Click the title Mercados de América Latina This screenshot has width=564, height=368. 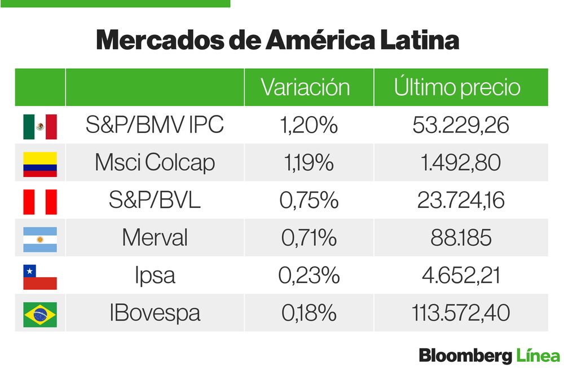tap(277, 41)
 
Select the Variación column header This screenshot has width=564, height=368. tap(305, 87)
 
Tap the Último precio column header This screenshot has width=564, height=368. tap(457, 87)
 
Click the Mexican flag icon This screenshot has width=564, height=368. tap(40, 126)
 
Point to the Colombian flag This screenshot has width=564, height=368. tap(40, 164)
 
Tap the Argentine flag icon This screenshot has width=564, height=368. tap(40, 239)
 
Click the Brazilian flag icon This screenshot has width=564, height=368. tap(40, 314)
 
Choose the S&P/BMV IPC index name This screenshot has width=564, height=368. tap(155, 125)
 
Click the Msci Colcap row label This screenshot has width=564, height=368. tap(155, 163)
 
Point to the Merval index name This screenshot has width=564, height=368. tap(155, 238)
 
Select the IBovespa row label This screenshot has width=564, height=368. tap(155, 313)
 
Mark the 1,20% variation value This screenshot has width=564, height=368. tap(309, 125)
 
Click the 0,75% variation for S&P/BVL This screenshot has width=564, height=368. tap(309, 201)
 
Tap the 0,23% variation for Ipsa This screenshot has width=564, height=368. tap(309, 276)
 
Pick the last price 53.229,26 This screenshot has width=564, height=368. tap(460, 125)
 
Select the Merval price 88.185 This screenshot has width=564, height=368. tap(460, 238)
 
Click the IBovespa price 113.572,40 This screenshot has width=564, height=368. tap(460, 313)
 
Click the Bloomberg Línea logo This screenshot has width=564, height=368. tap(489, 356)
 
